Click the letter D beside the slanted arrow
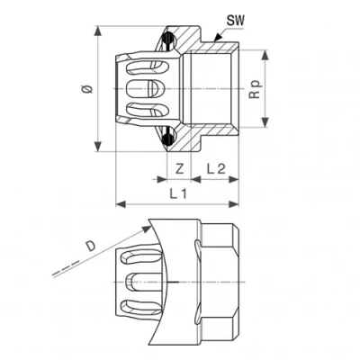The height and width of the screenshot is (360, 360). (x=90, y=245)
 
